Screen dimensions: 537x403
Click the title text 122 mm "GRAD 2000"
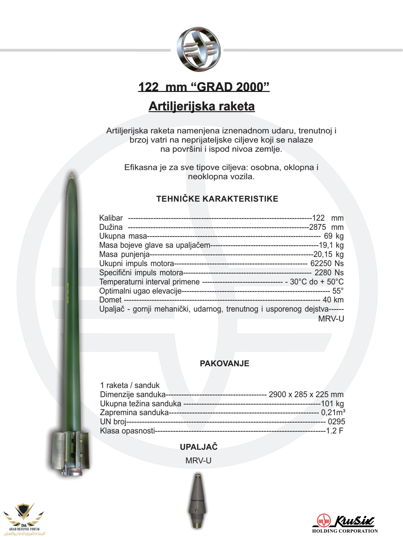204,87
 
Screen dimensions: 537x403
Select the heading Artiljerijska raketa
202,106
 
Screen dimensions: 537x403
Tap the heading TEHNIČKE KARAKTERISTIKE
217,199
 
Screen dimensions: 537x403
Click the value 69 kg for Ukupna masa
334,236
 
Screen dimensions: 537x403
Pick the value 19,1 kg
331,245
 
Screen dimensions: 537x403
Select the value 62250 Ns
327,263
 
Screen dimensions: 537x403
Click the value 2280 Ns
329,273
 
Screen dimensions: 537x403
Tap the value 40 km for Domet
333,300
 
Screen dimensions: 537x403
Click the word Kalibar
111,218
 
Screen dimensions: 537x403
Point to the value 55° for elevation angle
338,291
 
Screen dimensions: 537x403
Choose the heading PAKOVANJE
224,364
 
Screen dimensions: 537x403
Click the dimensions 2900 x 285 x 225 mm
306,394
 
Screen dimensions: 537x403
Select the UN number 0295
336,422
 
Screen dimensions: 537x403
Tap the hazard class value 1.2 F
335,431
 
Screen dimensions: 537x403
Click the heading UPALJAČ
199,447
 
